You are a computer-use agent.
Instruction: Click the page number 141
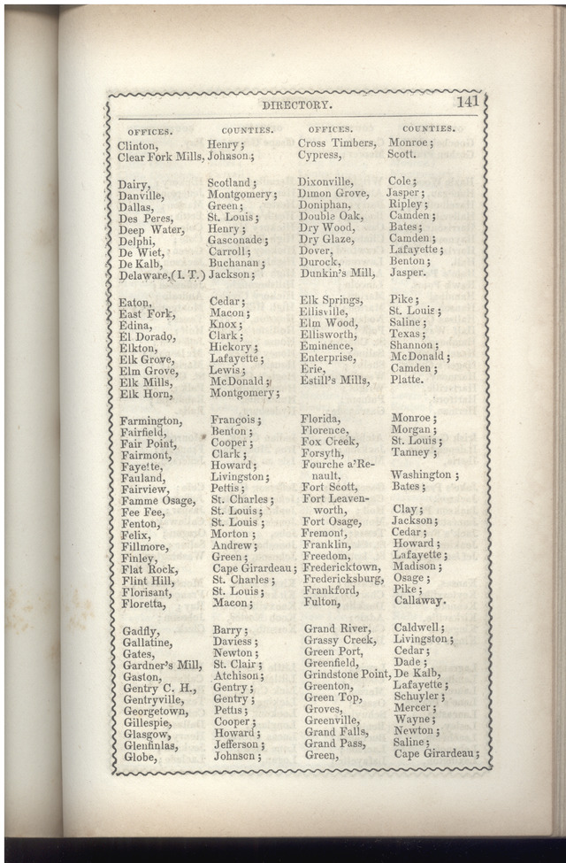(x=466, y=101)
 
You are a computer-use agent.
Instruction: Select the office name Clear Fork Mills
(x=160, y=157)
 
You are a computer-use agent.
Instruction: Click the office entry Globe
(x=140, y=757)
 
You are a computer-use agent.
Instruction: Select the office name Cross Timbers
(x=337, y=143)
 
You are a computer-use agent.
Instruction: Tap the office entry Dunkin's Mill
(x=336, y=274)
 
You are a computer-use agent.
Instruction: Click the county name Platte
(x=407, y=380)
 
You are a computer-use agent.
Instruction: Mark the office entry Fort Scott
(x=329, y=487)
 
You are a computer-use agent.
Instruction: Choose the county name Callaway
(x=420, y=601)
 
